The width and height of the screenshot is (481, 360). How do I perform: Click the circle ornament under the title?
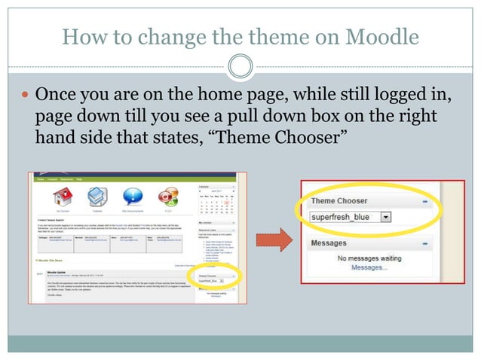(x=240, y=67)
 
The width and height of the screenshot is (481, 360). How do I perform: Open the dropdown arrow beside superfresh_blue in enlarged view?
(x=386, y=217)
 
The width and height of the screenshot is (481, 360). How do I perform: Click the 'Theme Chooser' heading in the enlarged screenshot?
(x=339, y=201)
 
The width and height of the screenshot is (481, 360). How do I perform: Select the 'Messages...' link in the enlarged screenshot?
(x=369, y=267)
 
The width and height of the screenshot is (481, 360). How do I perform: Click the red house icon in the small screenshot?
(x=61, y=197)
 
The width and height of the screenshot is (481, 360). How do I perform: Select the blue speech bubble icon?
(x=132, y=197)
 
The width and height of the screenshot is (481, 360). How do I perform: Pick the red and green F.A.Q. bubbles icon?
(x=167, y=197)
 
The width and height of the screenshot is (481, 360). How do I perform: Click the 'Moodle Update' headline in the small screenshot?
(x=60, y=267)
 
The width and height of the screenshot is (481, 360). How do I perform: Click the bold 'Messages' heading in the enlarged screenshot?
(x=329, y=243)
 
